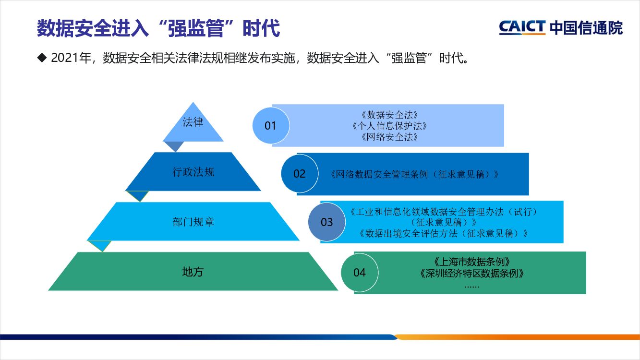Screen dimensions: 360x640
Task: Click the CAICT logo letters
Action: (x=522, y=27)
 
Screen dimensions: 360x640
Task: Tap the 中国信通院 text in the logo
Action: (x=586, y=27)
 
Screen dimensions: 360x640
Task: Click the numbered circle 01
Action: (x=270, y=126)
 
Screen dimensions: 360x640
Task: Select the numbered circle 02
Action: (x=299, y=174)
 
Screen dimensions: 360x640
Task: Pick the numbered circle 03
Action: (x=326, y=222)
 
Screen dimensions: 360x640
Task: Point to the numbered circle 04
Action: (x=359, y=273)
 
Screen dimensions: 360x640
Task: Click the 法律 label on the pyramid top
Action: (x=193, y=122)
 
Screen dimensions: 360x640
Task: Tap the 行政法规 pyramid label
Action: (x=193, y=172)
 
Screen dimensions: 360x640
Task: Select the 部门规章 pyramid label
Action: (x=193, y=222)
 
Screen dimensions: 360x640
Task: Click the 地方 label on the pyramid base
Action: (x=193, y=272)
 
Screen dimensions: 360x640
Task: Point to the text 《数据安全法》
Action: (x=388, y=115)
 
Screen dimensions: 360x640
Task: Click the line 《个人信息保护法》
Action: (x=388, y=126)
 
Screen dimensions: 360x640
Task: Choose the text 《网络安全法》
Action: (x=388, y=137)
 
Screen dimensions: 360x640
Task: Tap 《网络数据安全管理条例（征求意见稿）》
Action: (x=414, y=174)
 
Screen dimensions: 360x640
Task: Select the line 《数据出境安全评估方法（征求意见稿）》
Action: (x=444, y=234)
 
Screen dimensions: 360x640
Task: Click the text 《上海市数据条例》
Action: (x=471, y=262)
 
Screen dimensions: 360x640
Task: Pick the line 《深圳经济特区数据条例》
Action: (x=471, y=274)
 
